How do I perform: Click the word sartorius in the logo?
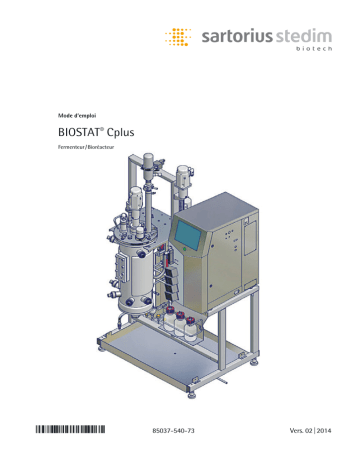tap(229, 41)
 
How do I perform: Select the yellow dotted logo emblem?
tap(178, 40)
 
